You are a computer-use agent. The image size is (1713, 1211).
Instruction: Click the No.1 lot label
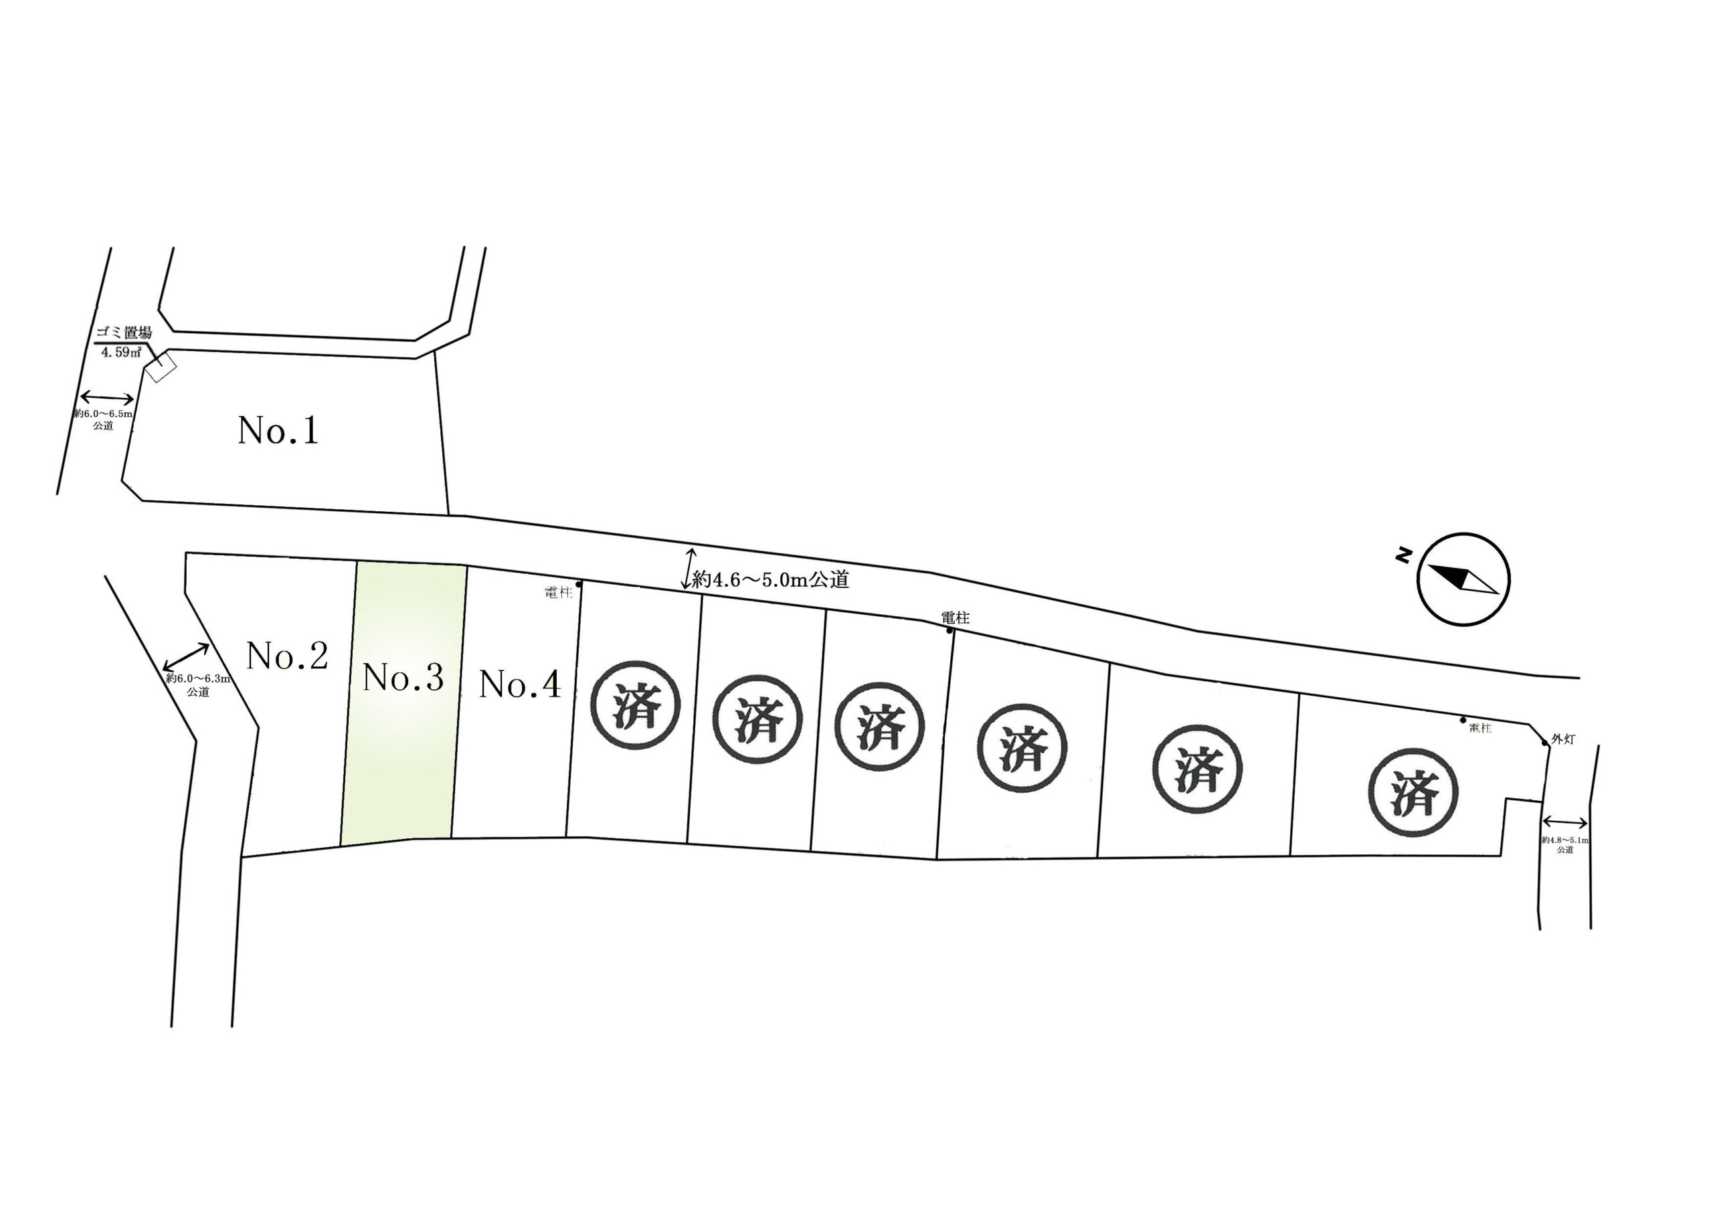[x=278, y=430]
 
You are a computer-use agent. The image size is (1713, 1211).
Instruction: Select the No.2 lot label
[x=287, y=656]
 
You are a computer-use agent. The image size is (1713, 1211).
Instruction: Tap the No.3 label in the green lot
[x=403, y=678]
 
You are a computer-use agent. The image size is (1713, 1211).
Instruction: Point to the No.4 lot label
[x=519, y=684]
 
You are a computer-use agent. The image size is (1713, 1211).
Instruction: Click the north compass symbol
[x=1463, y=579]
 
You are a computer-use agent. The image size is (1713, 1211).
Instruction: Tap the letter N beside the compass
[x=1403, y=555]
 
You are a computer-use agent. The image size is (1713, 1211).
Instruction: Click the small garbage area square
[x=161, y=368]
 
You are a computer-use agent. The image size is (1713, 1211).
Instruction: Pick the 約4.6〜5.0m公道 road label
[x=771, y=580]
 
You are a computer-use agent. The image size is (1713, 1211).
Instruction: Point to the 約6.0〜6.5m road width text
[x=103, y=413]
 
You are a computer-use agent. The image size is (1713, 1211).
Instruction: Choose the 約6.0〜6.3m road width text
[x=197, y=679]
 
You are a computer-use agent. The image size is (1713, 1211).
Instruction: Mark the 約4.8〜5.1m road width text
[x=1564, y=840]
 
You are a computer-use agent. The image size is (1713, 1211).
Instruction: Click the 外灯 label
[x=1563, y=739]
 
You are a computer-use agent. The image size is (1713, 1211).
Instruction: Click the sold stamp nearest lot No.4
[x=636, y=705]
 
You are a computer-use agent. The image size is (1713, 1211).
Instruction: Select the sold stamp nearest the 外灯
[x=1414, y=792]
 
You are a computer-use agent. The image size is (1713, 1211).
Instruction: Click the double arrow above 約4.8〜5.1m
[x=1564, y=822]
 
